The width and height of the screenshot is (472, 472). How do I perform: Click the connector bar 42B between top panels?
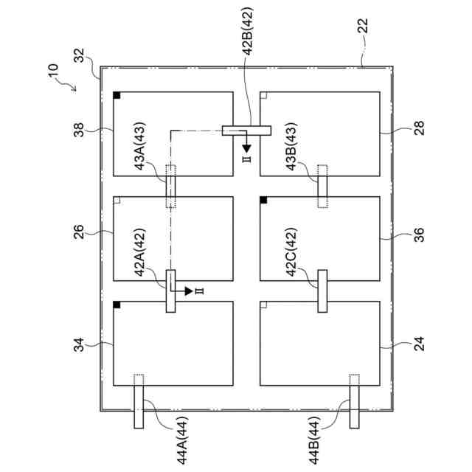point(247,131)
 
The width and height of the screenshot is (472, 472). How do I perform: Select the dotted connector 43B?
point(322,187)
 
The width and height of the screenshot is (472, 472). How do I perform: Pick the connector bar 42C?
point(322,291)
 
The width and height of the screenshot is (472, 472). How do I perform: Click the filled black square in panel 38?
point(117,96)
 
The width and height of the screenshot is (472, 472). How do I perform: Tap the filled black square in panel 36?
point(264,200)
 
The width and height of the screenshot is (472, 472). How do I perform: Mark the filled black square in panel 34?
point(117,305)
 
